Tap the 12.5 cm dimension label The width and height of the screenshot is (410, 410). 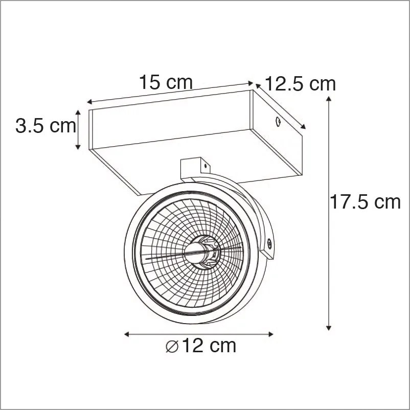pyautogui.click(x=301, y=83)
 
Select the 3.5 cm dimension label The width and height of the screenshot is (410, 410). pyautogui.click(x=46, y=126)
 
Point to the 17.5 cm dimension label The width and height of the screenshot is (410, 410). pyautogui.click(x=364, y=202)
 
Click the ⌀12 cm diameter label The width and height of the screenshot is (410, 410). pyautogui.click(x=201, y=346)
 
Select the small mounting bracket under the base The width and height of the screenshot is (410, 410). pyautogui.click(x=195, y=167)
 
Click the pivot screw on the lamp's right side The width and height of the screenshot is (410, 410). pyautogui.click(x=267, y=246)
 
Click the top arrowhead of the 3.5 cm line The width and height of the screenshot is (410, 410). pyautogui.click(x=78, y=112)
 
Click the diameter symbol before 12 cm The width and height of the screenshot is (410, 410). pyautogui.click(x=172, y=347)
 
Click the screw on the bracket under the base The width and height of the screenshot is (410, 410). pyautogui.click(x=205, y=166)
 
